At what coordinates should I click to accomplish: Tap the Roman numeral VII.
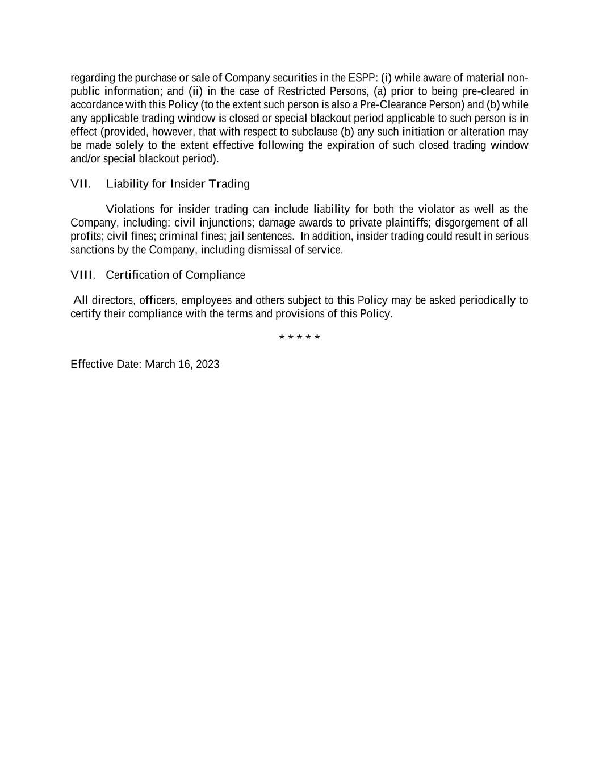[x=80, y=184]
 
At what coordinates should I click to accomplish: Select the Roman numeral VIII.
[x=82, y=275]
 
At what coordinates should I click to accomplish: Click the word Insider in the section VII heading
[x=187, y=184]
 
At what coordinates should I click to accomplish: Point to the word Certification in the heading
[x=137, y=275]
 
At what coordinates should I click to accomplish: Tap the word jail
[x=236, y=236]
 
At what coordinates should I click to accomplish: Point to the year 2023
[x=207, y=365]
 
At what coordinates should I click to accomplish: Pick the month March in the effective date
[x=161, y=365]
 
